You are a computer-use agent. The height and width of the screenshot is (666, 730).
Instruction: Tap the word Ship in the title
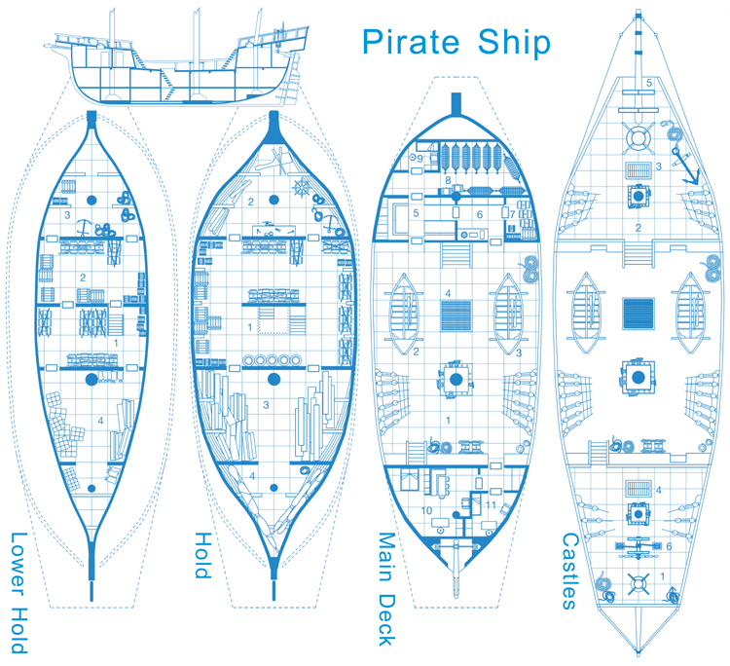pyautogui.click(x=514, y=42)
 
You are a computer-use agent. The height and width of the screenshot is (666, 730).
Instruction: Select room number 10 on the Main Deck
pyautogui.click(x=424, y=510)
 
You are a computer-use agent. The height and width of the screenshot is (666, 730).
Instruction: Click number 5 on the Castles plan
pyautogui.click(x=648, y=84)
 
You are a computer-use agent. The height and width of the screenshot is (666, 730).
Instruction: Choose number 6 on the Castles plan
pyautogui.click(x=668, y=547)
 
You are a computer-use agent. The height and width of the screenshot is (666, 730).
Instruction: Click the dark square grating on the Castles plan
pyautogui.click(x=638, y=314)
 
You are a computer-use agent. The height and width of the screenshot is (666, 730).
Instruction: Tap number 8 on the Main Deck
pyautogui.click(x=447, y=180)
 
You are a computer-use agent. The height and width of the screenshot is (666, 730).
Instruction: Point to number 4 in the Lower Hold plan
pyautogui.click(x=101, y=421)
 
